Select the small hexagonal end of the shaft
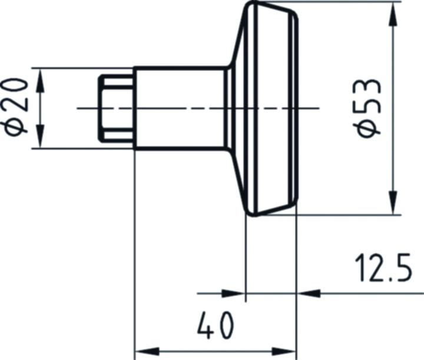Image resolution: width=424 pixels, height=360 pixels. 115,108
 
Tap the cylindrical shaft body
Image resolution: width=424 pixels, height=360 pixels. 180,108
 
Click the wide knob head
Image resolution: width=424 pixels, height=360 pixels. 268,108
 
